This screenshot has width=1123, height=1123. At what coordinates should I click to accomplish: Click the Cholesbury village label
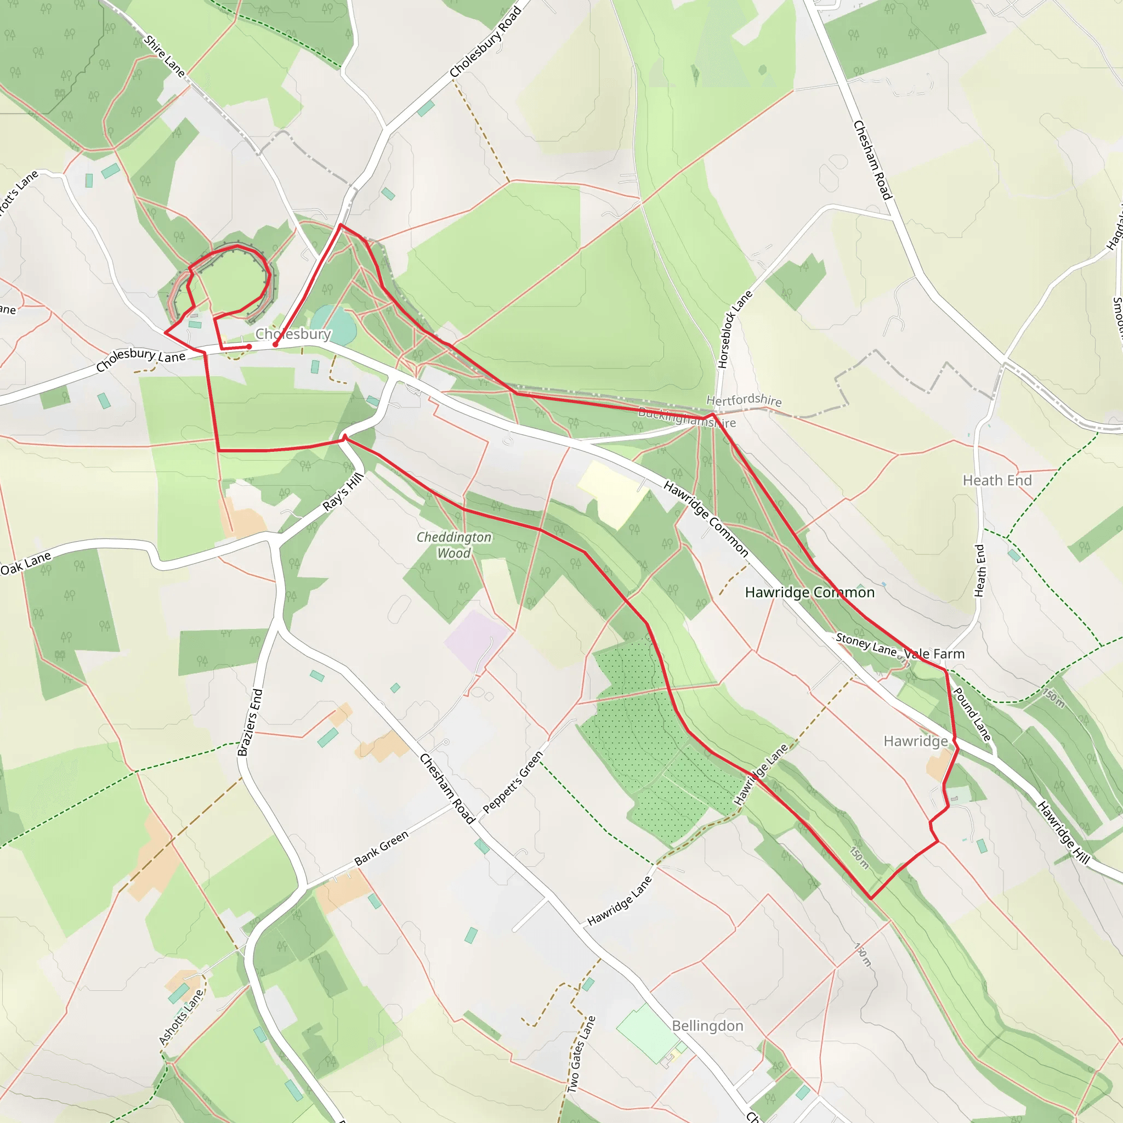[293, 334]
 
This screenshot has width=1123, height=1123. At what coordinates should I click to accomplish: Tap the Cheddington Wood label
[454, 545]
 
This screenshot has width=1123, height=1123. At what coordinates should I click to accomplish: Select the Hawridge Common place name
[809, 592]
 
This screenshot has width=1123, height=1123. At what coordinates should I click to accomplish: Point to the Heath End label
[997, 481]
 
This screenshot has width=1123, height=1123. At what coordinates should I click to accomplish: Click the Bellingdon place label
[707, 1026]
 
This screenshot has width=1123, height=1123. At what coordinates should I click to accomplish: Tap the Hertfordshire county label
[744, 400]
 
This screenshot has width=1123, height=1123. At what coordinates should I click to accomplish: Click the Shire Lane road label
[165, 56]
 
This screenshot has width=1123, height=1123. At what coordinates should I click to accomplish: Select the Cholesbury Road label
[485, 42]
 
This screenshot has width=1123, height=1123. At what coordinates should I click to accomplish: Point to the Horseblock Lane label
[735, 329]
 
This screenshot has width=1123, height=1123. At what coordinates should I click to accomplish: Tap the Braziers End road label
[251, 722]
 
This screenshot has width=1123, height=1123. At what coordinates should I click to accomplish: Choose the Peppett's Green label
[513, 782]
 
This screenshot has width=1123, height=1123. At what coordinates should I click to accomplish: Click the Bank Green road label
[381, 848]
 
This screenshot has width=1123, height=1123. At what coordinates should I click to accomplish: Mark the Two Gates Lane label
[582, 1053]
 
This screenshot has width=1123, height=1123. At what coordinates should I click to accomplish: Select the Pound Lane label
[971, 714]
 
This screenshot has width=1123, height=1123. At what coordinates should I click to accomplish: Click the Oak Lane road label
[26, 563]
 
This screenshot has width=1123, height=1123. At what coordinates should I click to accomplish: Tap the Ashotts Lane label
[182, 1017]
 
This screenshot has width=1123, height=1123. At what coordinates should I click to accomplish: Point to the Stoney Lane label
[866, 645]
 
